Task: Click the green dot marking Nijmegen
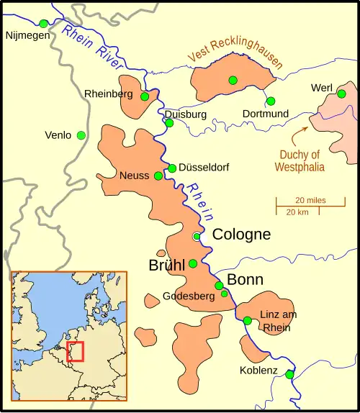coord(44,24)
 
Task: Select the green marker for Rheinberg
coord(145,96)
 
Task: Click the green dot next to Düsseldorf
coord(172,168)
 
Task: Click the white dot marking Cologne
coord(197,236)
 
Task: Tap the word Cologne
coord(241,235)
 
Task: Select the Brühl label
coord(167,264)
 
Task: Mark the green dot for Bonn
coord(219,286)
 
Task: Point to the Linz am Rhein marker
coord(247,321)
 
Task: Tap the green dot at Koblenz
coord(289,374)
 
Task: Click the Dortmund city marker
coord(271,101)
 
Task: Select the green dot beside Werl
coord(342,94)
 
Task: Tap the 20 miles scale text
coord(310,200)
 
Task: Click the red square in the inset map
coord(75,352)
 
